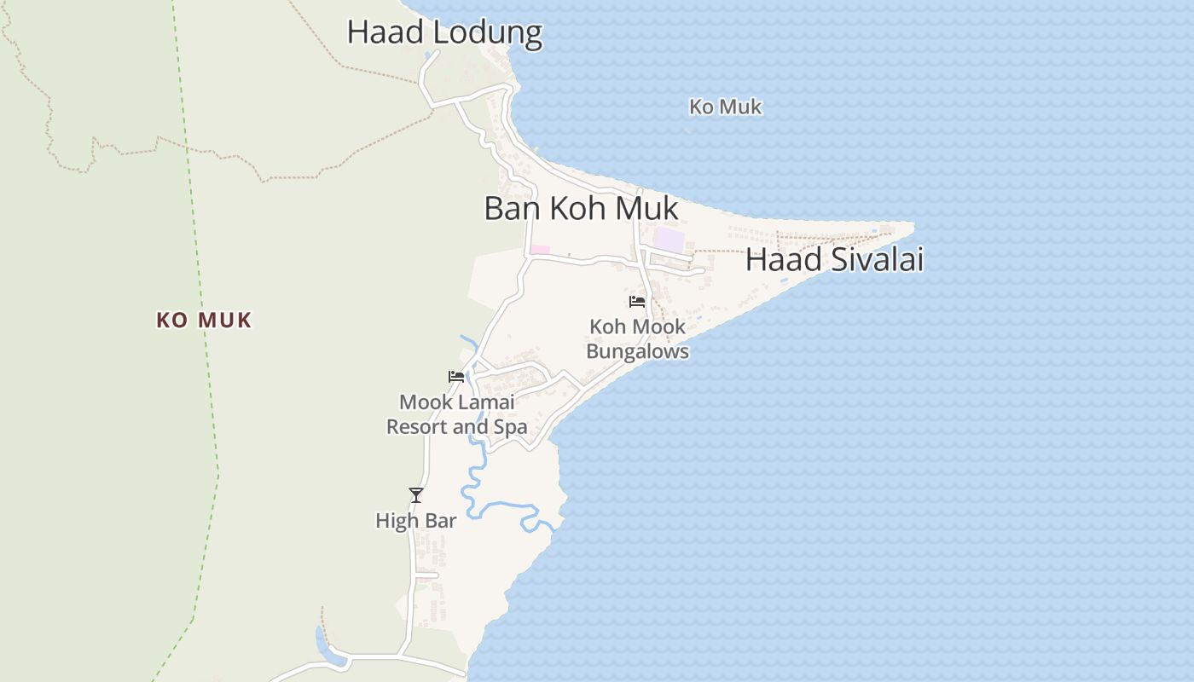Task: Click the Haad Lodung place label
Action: coord(444,32)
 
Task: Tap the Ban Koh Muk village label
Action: coord(581,209)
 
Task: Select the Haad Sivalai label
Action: coord(834,260)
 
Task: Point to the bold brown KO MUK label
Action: coord(204,321)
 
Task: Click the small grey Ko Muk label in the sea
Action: coord(725,107)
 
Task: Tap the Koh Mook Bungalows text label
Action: coord(637,339)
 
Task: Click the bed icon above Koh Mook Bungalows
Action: coord(637,301)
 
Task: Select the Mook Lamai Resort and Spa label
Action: coord(456,414)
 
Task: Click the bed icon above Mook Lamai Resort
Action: coord(456,376)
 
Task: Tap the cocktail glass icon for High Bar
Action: coord(416,494)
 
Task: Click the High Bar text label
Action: coord(416,521)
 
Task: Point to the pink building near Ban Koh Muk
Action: coord(540,250)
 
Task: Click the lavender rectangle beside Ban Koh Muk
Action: coord(669,240)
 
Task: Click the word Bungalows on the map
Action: coord(637,351)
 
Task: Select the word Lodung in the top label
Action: coord(487,32)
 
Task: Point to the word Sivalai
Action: coord(878,260)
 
